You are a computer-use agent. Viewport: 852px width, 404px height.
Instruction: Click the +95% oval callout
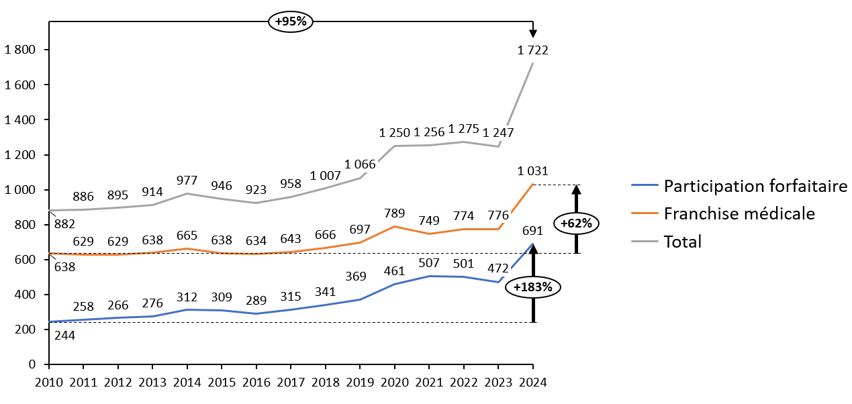[291, 21]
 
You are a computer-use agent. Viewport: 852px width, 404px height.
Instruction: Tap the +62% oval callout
[576, 223]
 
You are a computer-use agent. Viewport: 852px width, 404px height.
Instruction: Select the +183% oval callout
[533, 287]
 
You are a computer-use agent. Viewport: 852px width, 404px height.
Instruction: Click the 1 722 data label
[533, 50]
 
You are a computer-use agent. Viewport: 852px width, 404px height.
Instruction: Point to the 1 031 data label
[533, 172]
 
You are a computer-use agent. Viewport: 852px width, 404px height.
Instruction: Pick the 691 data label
[532, 232]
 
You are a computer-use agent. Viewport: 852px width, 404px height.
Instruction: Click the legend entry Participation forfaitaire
[755, 186]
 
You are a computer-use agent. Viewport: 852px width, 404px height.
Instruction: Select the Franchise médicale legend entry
[739, 213]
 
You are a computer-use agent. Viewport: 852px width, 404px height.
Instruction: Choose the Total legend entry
[683, 242]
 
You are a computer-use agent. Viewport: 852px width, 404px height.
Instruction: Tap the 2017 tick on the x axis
[291, 383]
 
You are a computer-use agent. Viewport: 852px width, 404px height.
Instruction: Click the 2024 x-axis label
[533, 383]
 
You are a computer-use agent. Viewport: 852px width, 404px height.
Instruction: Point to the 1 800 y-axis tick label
[20, 50]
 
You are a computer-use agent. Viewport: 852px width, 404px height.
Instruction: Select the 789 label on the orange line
[394, 213]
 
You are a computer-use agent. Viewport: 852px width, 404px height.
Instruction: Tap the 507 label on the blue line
[428, 262]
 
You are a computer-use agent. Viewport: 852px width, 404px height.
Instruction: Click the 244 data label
[64, 336]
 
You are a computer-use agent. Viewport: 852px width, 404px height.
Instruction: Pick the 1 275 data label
[463, 130]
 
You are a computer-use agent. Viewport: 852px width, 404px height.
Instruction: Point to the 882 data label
[64, 223]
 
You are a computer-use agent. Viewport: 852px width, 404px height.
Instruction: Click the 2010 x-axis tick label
[49, 383]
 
